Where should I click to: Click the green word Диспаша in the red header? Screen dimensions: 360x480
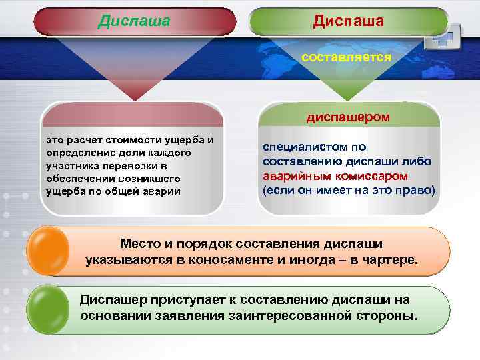point(134,21)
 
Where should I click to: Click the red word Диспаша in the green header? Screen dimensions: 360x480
point(348,21)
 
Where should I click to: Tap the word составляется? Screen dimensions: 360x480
point(345,57)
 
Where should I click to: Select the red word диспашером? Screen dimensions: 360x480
point(348,117)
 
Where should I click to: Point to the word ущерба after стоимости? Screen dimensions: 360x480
point(187,140)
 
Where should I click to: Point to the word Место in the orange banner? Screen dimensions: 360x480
point(141,245)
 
